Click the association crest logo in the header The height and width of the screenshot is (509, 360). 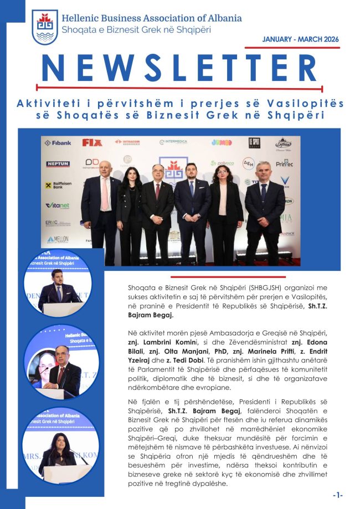[x=45, y=27]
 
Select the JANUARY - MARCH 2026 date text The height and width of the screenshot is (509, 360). [x=301, y=39]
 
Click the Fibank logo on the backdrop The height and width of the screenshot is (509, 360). [x=58, y=143]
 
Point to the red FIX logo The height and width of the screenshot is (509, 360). [x=92, y=142]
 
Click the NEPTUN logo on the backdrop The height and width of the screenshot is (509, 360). [x=58, y=164]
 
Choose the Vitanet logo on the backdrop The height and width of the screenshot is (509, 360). [x=57, y=206]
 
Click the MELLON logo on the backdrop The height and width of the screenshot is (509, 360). [x=58, y=239]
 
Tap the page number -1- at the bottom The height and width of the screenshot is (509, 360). [x=338, y=495]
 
